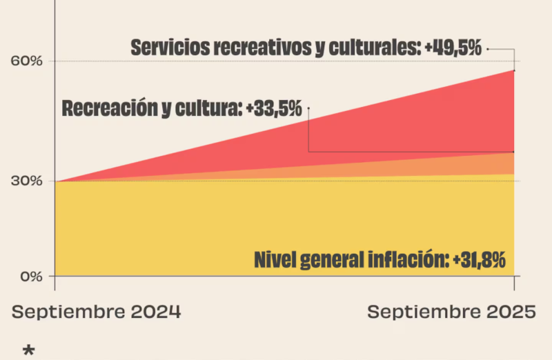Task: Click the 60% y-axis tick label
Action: (x=27, y=61)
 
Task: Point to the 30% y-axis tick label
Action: (x=27, y=181)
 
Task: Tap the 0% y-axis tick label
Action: (x=30, y=276)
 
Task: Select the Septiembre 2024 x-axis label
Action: (x=97, y=312)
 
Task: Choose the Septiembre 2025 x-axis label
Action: (x=451, y=312)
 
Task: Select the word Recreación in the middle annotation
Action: (x=105, y=108)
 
